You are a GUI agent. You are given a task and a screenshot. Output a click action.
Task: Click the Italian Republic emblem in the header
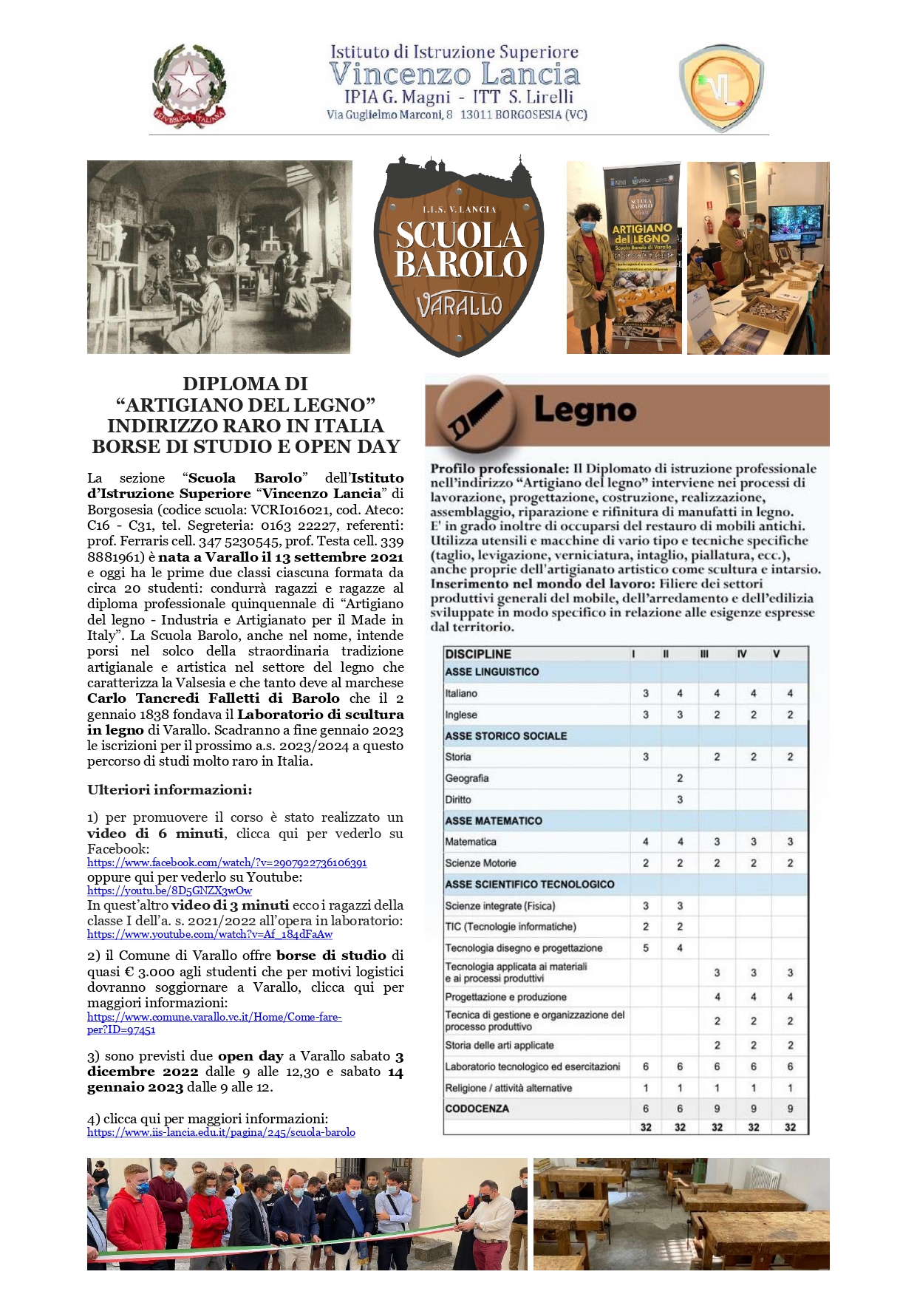(189, 86)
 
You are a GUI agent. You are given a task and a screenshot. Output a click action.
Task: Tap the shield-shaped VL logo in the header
(720, 88)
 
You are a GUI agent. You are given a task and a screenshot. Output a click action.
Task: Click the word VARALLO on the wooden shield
(459, 304)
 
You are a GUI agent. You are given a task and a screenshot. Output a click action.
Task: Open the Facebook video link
(227, 862)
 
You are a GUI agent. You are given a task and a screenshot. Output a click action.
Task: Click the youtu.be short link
(169, 891)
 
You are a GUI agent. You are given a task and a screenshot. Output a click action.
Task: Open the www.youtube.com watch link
(210, 934)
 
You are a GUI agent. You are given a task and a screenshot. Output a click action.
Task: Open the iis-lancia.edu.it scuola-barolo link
(221, 1132)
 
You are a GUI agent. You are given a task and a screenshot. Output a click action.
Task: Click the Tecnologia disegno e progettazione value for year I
(646, 947)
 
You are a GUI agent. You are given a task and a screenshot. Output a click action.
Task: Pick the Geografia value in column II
(680, 778)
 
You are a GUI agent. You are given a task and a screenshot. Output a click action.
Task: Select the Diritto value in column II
(680, 800)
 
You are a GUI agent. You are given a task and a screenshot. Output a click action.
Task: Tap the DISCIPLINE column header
(478, 654)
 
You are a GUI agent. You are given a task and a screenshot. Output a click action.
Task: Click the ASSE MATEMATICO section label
(494, 820)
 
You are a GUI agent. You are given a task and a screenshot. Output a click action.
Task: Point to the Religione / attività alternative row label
(508, 1088)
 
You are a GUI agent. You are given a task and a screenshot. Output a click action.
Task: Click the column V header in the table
(777, 654)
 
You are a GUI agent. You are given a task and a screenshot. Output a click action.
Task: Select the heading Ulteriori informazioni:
(169, 789)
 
